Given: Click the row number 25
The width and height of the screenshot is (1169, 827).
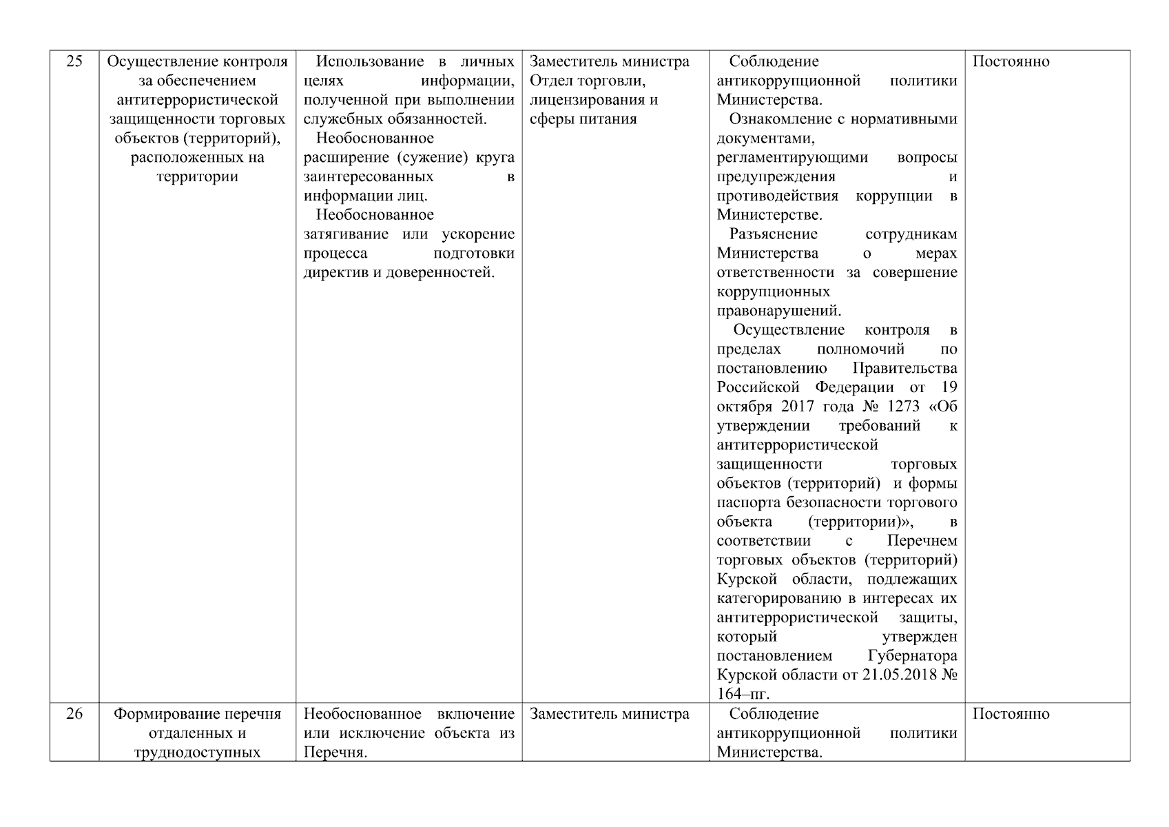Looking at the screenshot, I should [x=74, y=61].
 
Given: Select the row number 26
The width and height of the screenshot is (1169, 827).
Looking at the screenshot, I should [x=74, y=713].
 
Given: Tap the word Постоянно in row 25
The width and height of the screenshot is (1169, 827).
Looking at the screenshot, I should [x=1011, y=61].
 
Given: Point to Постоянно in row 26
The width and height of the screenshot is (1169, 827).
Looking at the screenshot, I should [x=1011, y=713].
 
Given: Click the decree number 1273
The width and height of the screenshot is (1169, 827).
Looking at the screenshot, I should [x=892, y=407].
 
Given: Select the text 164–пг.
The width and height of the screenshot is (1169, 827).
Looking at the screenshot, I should [x=743, y=693].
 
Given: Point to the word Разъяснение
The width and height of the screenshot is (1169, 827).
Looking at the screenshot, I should [x=774, y=234].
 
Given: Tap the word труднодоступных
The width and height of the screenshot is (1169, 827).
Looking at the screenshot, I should [x=198, y=752].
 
